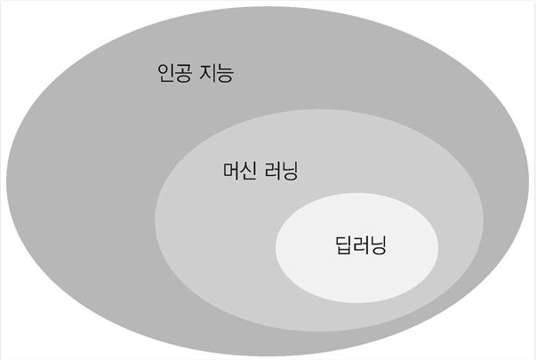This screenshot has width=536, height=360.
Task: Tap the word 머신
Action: [237, 171]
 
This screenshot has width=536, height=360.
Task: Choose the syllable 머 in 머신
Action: [228, 171]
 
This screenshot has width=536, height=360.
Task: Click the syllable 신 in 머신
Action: [247, 171]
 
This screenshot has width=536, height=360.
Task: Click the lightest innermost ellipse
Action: [356, 267]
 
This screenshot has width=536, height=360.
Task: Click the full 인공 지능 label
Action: [194, 73]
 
